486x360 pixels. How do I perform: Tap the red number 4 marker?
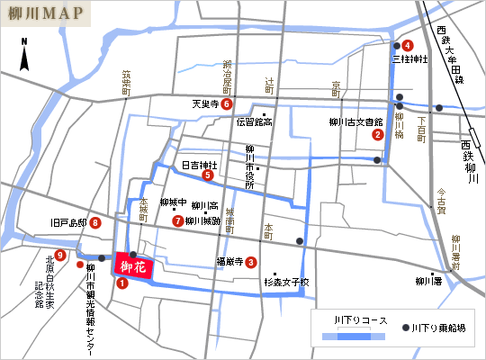408,45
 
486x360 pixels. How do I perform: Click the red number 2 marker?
377,135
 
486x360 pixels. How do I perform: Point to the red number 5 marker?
208,175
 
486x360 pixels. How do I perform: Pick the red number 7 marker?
177,220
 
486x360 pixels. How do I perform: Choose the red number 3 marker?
251,263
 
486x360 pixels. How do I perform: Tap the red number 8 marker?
94,223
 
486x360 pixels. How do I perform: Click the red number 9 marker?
59,255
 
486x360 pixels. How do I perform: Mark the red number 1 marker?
122,283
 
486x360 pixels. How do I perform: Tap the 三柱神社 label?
409,59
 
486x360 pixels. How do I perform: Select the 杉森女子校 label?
286,282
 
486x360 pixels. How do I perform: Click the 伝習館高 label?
255,121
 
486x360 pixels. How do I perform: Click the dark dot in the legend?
406,329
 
